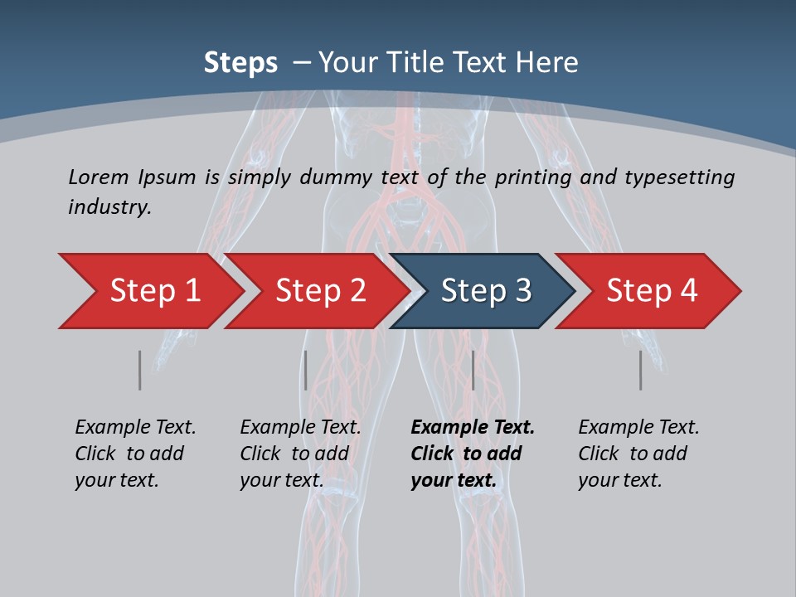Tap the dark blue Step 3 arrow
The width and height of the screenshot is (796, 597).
point(486,291)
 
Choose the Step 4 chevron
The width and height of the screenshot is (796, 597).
point(652,291)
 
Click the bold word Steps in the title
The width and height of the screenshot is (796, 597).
point(240,62)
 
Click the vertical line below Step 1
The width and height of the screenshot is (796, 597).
point(140,370)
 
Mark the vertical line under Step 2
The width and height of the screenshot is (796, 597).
point(306,370)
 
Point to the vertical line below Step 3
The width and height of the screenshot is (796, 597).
point(473,370)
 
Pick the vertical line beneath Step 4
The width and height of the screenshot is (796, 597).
point(641,370)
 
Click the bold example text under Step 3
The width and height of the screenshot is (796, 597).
point(472,454)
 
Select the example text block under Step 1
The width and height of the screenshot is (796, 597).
point(135,454)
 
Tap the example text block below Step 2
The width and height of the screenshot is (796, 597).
point(300,454)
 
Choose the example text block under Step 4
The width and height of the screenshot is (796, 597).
point(638,454)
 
